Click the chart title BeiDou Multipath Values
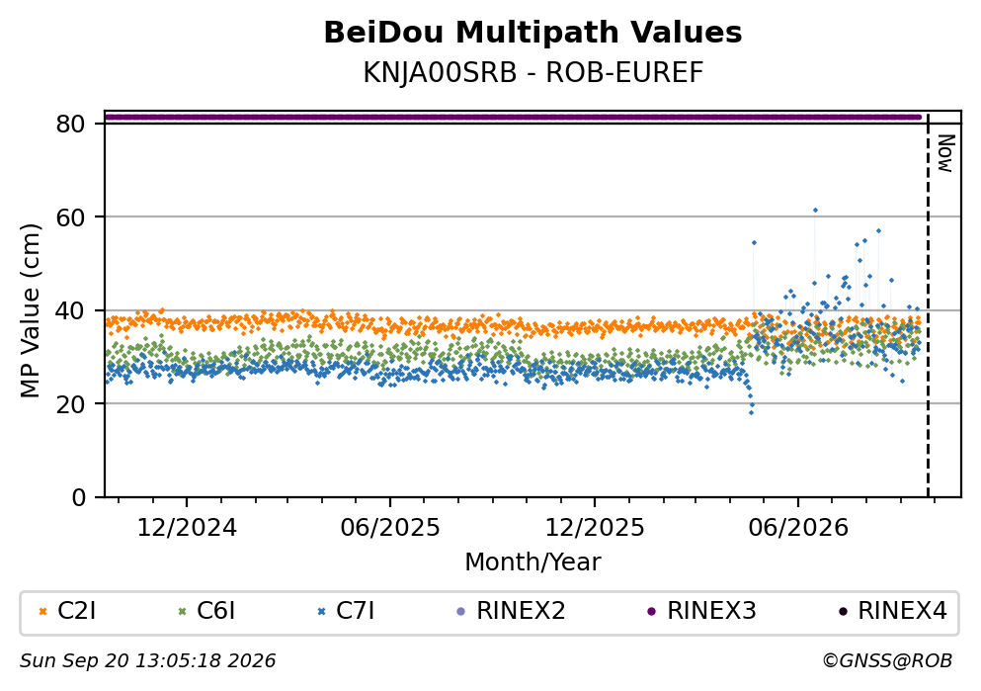tap(532, 33)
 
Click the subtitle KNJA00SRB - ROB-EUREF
tap(533, 73)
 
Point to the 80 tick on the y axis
tap(71, 124)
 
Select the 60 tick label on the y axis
tap(71, 217)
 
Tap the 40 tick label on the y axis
tap(71, 310)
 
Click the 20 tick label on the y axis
tap(71, 403)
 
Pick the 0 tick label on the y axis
tap(79, 497)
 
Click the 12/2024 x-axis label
tap(187, 528)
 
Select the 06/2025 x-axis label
tap(390, 528)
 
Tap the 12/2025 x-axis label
tap(595, 528)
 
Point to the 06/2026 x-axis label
tap(798, 528)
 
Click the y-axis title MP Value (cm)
tap(30, 310)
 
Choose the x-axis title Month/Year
tap(532, 562)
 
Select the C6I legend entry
tap(206, 611)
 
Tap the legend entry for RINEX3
tap(701, 611)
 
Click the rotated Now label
tap(945, 153)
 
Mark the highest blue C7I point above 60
tap(815, 211)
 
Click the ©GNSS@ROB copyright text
tap(887, 661)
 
